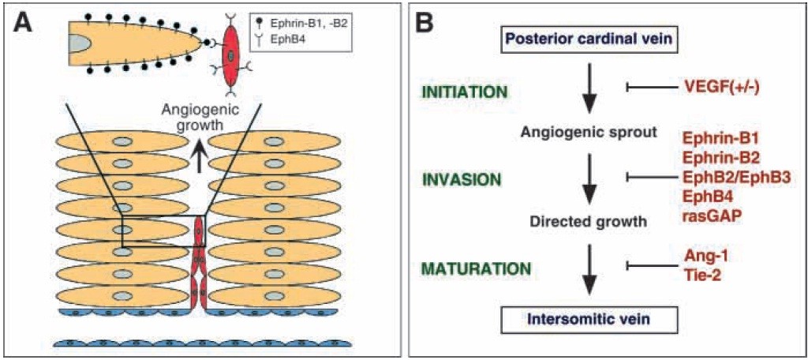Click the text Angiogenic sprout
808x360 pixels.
tap(589, 133)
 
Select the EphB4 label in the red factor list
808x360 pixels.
tap(707, 197)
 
